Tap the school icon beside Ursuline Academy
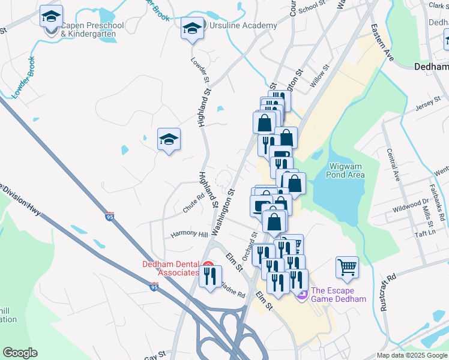click(192, 28)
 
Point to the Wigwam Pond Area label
click(347, 170)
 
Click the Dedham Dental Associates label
click(170, 268)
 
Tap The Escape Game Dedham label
click(338, 295)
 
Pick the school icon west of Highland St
click(169, 140)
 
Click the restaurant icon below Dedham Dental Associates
click(209, 277)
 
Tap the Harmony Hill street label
click(188, 233)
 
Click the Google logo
click(20, 353)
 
